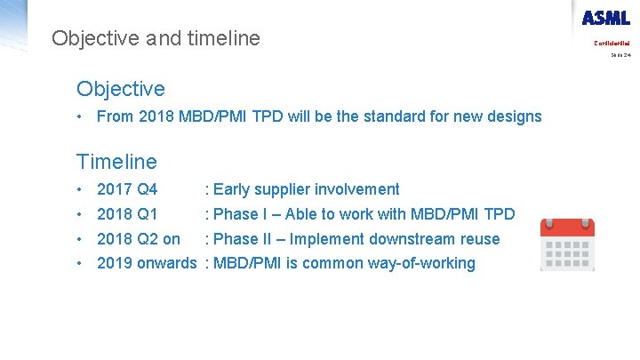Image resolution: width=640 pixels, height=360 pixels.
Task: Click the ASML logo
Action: (606, 18)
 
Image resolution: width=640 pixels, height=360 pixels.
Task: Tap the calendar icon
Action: (567, 244)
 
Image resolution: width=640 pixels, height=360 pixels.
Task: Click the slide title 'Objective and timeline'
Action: (156, 38)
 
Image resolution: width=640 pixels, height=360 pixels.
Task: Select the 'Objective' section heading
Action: (121, 89)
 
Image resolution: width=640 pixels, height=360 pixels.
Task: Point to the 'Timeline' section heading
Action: (116, 162)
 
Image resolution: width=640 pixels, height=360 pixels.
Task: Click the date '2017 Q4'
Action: (127, 189)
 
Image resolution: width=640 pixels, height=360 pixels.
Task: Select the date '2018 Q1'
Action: (127, 214)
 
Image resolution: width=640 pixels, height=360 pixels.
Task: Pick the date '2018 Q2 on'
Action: (138, 239)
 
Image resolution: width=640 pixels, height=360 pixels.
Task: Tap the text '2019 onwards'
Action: (147, 263)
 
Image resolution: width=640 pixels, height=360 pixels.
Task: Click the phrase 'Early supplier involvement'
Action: (307, 189)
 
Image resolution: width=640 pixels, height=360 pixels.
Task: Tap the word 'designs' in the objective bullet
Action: (514, 116)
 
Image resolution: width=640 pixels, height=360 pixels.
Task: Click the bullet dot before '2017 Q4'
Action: (80, 189)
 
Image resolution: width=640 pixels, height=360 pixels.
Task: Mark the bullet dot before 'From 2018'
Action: (80, 116)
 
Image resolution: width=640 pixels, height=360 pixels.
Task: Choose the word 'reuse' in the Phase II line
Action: (479, 239)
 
